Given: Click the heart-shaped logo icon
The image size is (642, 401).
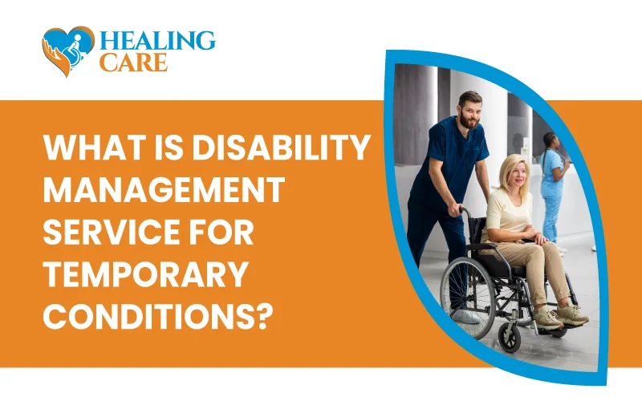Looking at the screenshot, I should (68, 51).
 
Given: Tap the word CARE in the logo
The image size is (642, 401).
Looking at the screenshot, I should (133, 63).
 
